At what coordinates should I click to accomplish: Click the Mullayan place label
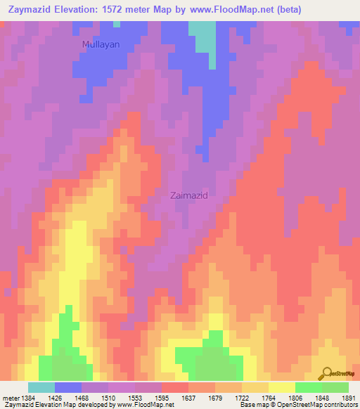click(x=101, y=44)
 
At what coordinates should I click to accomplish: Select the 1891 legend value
click(x=349, y=397)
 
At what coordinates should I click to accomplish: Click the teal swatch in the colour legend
click(x=41, y=387)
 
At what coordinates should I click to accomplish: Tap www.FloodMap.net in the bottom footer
click(x=145, y=405)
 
